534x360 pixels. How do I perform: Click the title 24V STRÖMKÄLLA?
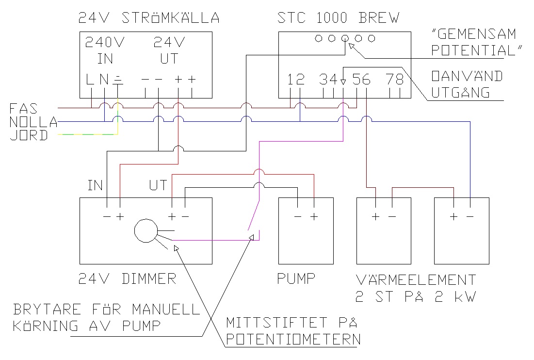(x=148, y=18)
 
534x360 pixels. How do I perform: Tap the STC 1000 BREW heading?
(x=338, y=18)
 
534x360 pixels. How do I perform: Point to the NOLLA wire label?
(x=33, y=122)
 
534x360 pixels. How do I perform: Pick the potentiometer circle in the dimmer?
(x=146, y=231)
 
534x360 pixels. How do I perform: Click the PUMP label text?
(x=296, y=279)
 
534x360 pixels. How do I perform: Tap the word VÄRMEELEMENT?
(x=416, y=279)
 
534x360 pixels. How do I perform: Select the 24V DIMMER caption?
(x=127, y=279)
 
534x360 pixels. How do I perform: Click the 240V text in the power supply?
(x=105, y=42)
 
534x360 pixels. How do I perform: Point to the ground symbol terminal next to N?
(x=118, y=79)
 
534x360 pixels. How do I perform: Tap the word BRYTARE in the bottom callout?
(x=47, y=310)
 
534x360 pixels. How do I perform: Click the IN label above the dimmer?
(x=96, y=185)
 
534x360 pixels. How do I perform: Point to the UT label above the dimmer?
(x=158, y=185)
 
